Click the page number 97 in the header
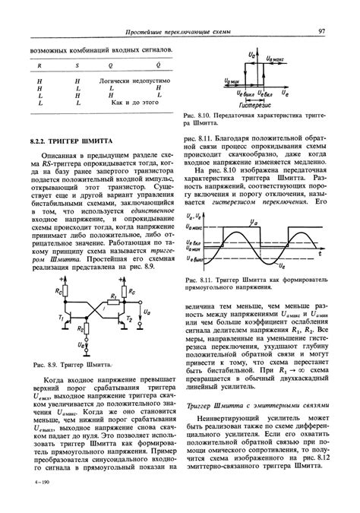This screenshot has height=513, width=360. pyautogui.click(x=322, y=30)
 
